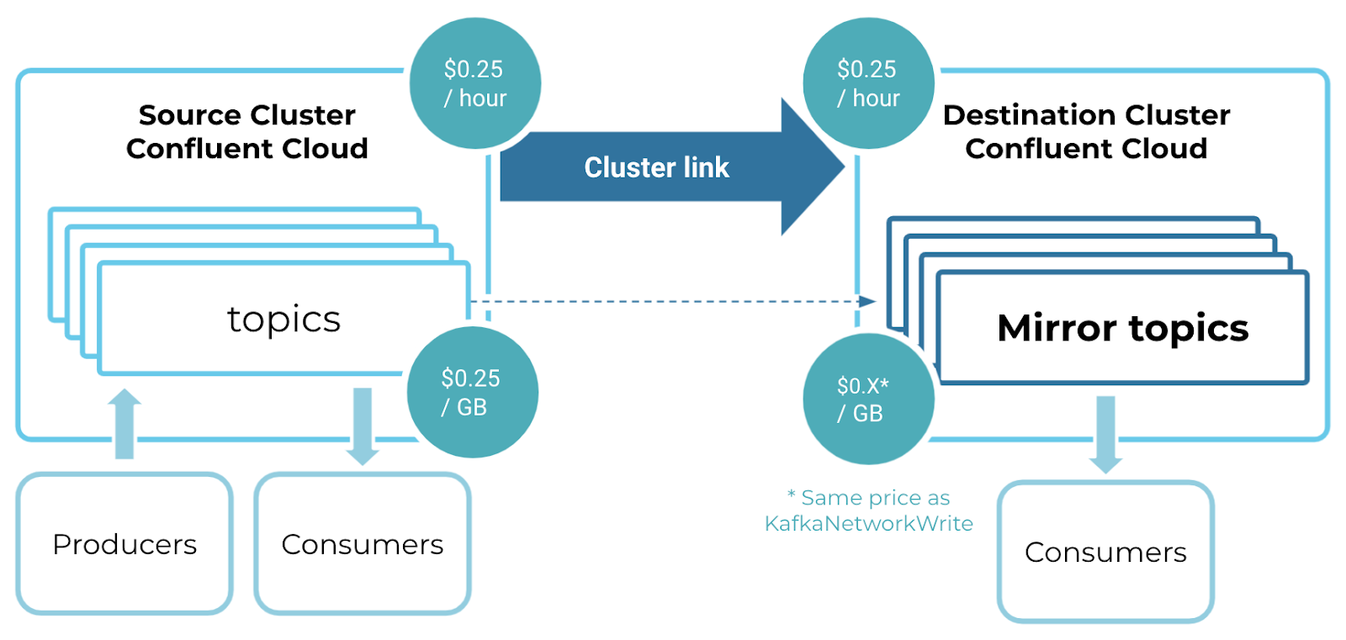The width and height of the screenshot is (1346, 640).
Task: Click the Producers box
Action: pos(125,544)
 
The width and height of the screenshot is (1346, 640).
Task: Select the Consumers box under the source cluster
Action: pos(363,544)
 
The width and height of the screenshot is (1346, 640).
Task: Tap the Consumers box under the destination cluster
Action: pos(1105,552)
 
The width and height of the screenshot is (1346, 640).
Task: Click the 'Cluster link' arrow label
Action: pos(656,167)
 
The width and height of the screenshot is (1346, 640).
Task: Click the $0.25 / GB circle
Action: pos(472,392)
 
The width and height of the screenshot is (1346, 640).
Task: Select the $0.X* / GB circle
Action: pos(867,399)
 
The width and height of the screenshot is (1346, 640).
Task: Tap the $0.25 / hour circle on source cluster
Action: pos(475,83)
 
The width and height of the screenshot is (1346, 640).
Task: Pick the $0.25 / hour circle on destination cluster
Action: pos(868,83)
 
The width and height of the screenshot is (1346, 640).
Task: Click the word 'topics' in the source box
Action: pos(284,319)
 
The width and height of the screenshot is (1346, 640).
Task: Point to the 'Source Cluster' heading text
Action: pos(247,114)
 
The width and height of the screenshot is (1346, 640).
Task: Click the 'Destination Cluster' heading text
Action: pos(1086,114)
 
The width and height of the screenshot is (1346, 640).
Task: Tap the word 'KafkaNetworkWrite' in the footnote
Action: pos(868,524)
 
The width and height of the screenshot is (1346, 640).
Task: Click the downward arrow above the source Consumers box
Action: pos(363,426)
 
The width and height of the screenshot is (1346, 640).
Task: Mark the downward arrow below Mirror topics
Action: pos(1105,434)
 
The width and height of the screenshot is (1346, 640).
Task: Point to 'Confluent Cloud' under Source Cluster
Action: pos(247,149)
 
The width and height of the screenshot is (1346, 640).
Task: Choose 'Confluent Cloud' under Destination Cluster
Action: pos(1086,149)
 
